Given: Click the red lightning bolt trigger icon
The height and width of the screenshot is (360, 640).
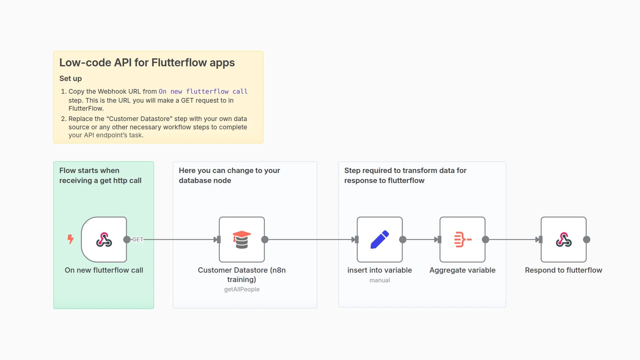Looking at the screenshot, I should (70, 239).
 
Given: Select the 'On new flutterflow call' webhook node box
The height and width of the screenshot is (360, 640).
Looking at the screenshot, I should (104, 239).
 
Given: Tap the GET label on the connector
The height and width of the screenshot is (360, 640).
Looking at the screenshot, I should (137, 239).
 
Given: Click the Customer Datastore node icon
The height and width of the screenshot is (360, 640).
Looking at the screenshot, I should (242, 239).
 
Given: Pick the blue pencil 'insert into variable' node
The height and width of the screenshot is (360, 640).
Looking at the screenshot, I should (379, 239).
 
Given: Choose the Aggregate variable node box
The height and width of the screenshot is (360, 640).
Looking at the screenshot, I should (462, 239).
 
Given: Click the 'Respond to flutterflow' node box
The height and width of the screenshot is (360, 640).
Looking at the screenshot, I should (563, 239).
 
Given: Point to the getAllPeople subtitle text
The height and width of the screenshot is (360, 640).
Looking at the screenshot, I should (242, 289).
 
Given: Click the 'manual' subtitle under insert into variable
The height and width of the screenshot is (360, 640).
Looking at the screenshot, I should (379, 280).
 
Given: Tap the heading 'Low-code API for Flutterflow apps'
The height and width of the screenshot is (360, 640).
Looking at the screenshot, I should (147, 63).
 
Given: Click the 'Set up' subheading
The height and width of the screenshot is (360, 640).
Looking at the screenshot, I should (70, 79).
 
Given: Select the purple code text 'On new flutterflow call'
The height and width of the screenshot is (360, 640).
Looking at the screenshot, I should (203, 91).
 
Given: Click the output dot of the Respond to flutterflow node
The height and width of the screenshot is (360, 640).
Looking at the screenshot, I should (587, 239).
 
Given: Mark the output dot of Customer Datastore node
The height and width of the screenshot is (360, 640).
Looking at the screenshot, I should (265, 239).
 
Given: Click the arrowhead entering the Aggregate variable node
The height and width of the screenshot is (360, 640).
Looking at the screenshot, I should (437, 239).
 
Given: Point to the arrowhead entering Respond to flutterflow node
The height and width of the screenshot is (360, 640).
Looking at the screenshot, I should (538, 239).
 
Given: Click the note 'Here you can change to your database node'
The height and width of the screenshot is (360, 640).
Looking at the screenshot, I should (229, 175).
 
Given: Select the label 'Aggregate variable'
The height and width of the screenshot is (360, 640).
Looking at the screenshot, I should (462, 270).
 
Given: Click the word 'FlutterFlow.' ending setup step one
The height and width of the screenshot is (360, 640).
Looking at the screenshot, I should (86, 108).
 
